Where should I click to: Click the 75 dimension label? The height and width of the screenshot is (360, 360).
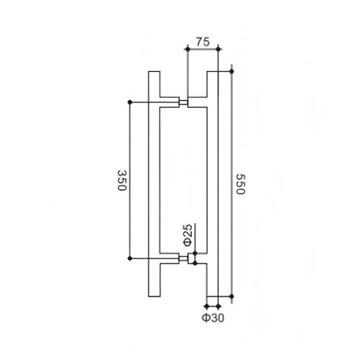[x=203, y=42]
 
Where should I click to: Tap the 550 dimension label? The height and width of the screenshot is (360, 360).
[x=240, y=184]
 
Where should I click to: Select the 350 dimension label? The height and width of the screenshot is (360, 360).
[x=122, y=180]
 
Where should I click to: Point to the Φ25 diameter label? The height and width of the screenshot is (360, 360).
[x=189, y=235]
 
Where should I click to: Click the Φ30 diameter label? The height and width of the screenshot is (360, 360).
[x=213, y=318]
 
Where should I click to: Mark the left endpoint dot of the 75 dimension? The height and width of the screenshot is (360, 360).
[x=188, y=49]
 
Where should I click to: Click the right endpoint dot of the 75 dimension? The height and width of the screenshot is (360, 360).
[x=218, y=49]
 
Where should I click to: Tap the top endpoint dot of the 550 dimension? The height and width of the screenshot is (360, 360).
[x=232, y=71]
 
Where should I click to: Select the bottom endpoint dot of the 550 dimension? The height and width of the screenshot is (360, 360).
[x=232, y=297]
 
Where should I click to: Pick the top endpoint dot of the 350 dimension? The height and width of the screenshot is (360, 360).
[x=130, y=102]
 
